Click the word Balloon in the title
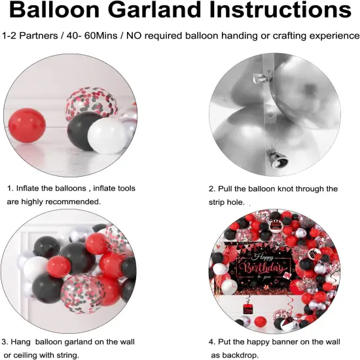pyautogui.click(x=54, y=10)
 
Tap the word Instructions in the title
pyautogui.click(x=281, y=10)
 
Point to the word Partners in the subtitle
pyautogui.click(x=39, y=36)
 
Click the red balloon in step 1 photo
pyautogui.click(x=27, y=125)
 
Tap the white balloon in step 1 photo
pyautogui.click(x=107, y=135)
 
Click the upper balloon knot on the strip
pyautogui.click(x=262, y=77)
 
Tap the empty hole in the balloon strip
pyautogui.click(x=270, y=114)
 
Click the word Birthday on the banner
pyautogui.click(x=263, y=268)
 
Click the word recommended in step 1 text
pyautogui.click(x=73, y=202)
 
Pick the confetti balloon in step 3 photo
pyautogui.click(x=83, y=294)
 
